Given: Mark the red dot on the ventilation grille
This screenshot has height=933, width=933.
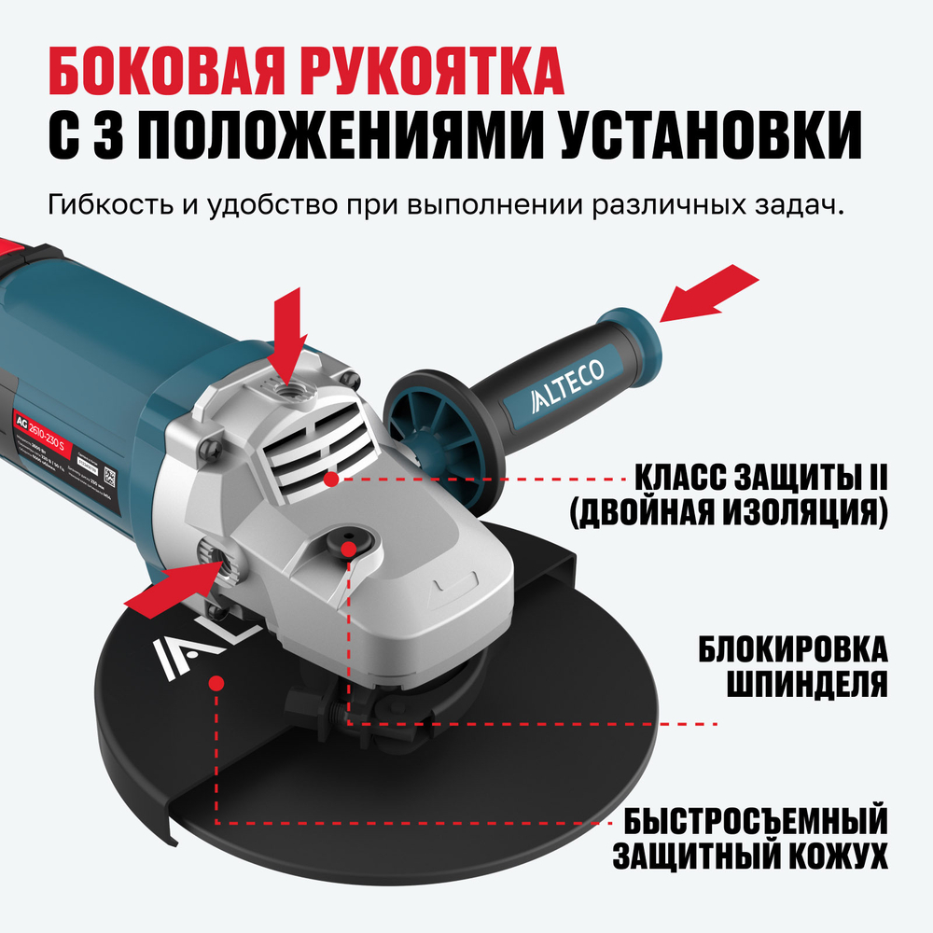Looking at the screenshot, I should point(331,478).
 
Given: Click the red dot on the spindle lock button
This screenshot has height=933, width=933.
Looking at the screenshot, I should point(348,550).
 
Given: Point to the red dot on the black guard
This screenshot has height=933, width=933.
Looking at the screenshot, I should point(216,682).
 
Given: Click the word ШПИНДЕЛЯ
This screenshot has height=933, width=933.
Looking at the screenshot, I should point(805,686).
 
